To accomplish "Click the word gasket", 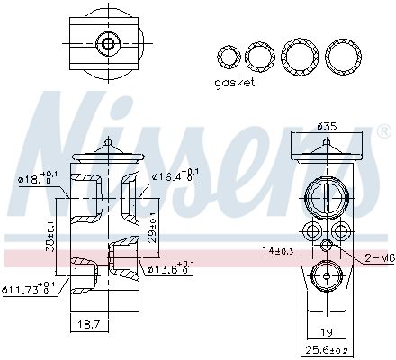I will coord(235,82).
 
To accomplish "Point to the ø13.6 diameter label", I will coord(169,267).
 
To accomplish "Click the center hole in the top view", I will coord(108,42).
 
